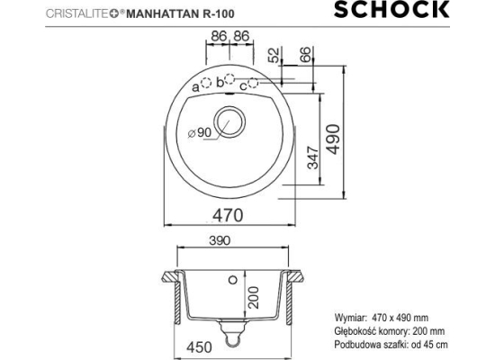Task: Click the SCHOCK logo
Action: tap(391, 10)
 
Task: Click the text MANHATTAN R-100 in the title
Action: tap(180, 13)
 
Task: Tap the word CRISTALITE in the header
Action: tap(77, 13)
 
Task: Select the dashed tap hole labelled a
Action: tap(206, 83)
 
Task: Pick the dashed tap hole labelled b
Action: tap(229, 78)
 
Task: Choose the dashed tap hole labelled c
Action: tap(253, 83)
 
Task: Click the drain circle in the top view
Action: tap(229, 121)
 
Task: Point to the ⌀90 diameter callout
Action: tap(200, 133)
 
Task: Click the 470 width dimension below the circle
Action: tap(228, 216)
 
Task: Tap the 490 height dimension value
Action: tap(334, 139)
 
